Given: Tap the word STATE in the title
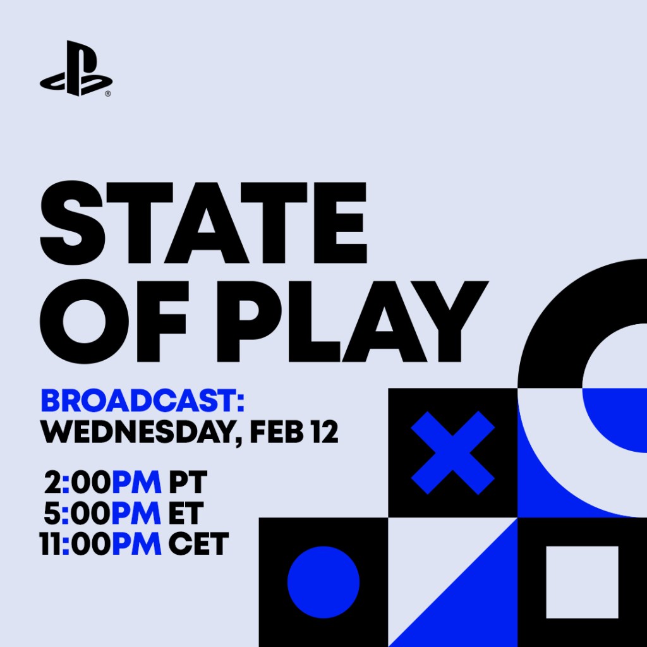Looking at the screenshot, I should pos(203,217).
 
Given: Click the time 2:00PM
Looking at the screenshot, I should pos(102,483).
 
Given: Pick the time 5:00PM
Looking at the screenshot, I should pos(102,514).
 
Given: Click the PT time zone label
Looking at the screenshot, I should pos(188,483).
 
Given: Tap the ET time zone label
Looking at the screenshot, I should pos(186,514).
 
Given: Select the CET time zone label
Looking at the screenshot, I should pos(198,544).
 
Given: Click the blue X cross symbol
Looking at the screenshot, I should pos(452,452).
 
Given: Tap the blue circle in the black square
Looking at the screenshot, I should pos(323,582).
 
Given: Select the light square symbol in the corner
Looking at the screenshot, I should pos(582,582).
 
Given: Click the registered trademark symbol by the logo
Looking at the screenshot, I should pos(108,94).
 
